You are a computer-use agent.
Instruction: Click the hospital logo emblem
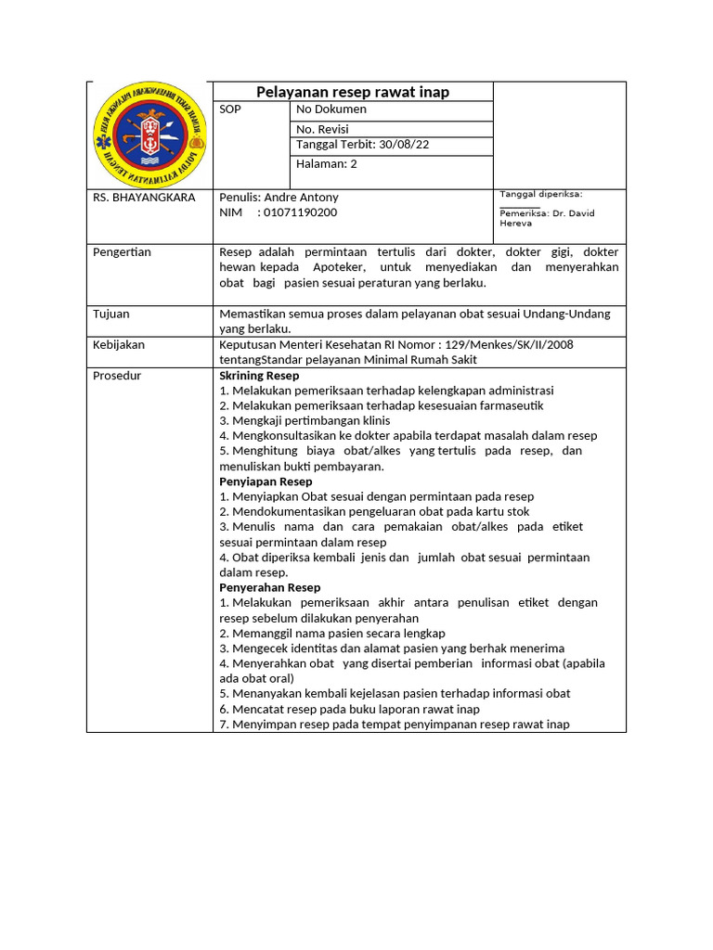pyautogui.click(x=149, y=135)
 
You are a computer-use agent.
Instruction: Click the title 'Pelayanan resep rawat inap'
pyautogui.click(x=353, y=91)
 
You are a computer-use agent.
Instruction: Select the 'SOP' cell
pyautogui.click(x=229, y=109)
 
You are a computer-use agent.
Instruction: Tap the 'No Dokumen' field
pyautogui.click(x=331, y=109)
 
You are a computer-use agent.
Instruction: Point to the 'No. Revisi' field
pyautogui.click(x=322, y=130)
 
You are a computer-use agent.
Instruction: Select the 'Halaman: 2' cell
pyautogui.click(x=327, y=164)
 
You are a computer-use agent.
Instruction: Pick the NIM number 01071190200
pyautogui.click(x=301, y=212)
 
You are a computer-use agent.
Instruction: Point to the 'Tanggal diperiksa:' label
pyautogui.click(x=540, y=194)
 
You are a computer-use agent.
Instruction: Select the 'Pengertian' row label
pyautogui.click(x=122, y=252)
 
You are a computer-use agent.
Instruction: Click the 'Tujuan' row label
pyautogui.click(x=111, y=315)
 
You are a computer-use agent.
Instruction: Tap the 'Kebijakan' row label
pyautogui.click(x=119, y=345)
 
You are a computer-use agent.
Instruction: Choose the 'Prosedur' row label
pyautogui.click(x=116, y=376)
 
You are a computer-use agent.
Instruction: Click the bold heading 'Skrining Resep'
pyautogui.click(x=259, y=376)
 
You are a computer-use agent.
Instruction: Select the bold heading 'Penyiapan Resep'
pyautogui.click(x=266, y=481)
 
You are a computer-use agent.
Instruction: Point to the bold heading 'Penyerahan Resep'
pyautogui.click(x=269, y=587)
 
